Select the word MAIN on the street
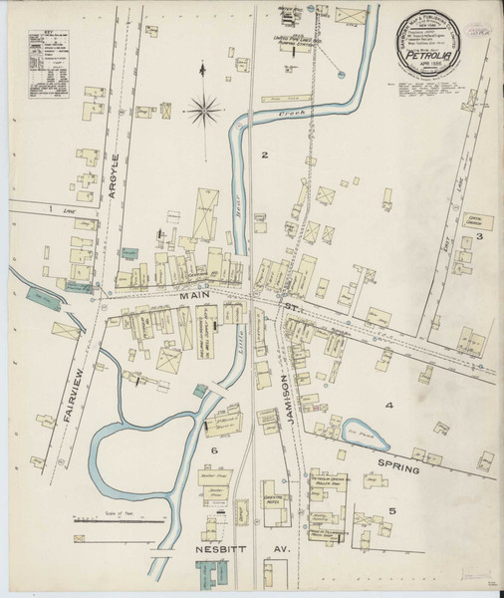click(x=193, y=296)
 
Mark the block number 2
click(x=265, y=155)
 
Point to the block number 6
click(x=213, y=451)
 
